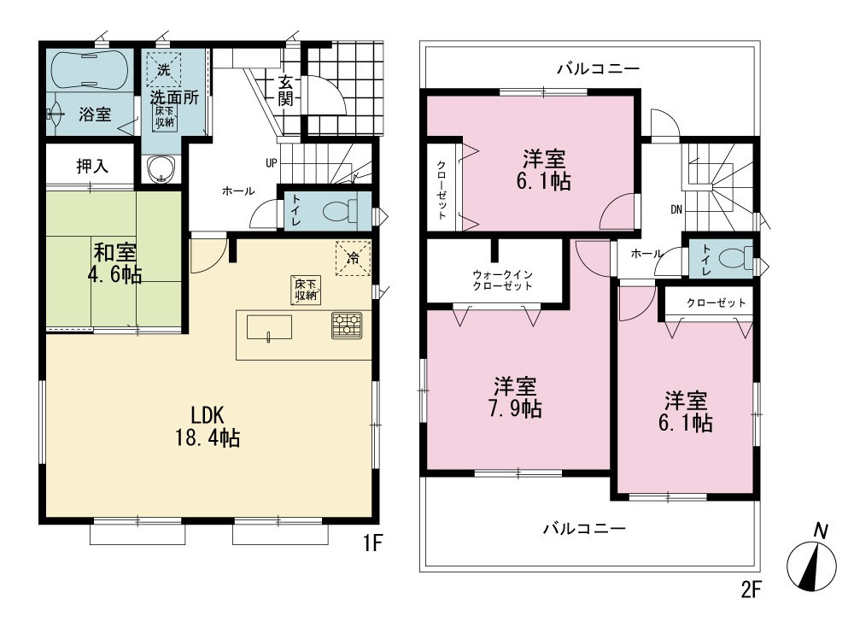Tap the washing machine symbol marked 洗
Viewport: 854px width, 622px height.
[163, 69]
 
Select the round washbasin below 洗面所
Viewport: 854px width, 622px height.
[161, 169]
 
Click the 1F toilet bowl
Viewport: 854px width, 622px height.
[339, 210]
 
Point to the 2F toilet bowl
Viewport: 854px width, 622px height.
[735, 258]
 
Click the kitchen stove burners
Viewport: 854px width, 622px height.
[347, 326]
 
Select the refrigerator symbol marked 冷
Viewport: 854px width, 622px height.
[353, 258]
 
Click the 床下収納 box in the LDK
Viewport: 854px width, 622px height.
[306, 290]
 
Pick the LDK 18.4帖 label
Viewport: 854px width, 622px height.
[208, 426]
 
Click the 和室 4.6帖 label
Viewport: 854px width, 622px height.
[115, 264]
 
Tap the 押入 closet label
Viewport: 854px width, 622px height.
[92, 166]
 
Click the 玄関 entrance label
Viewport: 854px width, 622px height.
[286, 91]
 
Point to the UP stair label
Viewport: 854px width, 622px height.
[272, 163]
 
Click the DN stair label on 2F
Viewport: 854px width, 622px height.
[676, 209]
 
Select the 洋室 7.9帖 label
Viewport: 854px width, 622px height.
[515, 397]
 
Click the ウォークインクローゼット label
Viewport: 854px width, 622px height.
[502, 280]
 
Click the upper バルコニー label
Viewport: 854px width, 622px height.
[598, 68]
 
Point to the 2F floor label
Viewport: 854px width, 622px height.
[751, 590]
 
